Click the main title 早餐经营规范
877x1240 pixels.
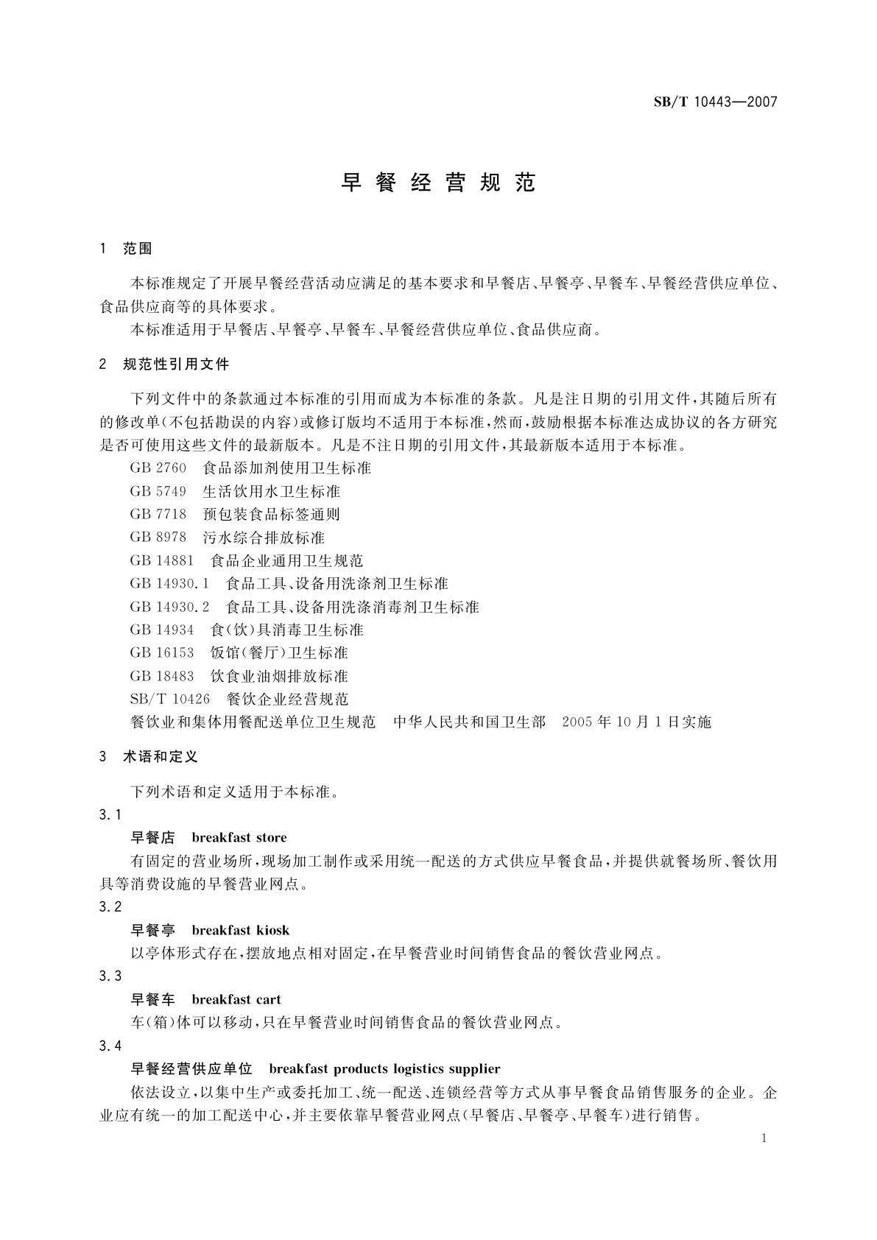click(438, 183)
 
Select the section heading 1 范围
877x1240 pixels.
click(126, 249)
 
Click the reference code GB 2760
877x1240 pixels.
click(158, 468)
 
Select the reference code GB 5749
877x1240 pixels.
click(158, 491)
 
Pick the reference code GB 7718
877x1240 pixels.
click(158, 514)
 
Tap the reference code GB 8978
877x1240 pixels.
click(158, 538)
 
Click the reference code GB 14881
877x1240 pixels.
click(162, 560)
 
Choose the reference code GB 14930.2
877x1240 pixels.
click(170, 607)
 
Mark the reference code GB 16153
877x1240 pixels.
click(162, 652)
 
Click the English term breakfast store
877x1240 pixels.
click(239, 837)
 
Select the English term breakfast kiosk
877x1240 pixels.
click(241, 930)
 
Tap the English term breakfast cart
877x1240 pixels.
click(236, 999)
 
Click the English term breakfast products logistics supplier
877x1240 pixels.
click(384, 1068)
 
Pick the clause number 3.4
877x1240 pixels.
click(110, 1046)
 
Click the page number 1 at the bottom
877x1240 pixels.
click(764, 1138)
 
